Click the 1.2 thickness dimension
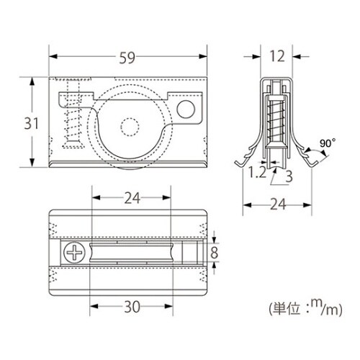coord(256,173)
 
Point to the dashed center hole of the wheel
coord(130,127)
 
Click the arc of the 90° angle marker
coord(310,152)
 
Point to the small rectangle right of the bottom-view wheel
coord(189,253)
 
